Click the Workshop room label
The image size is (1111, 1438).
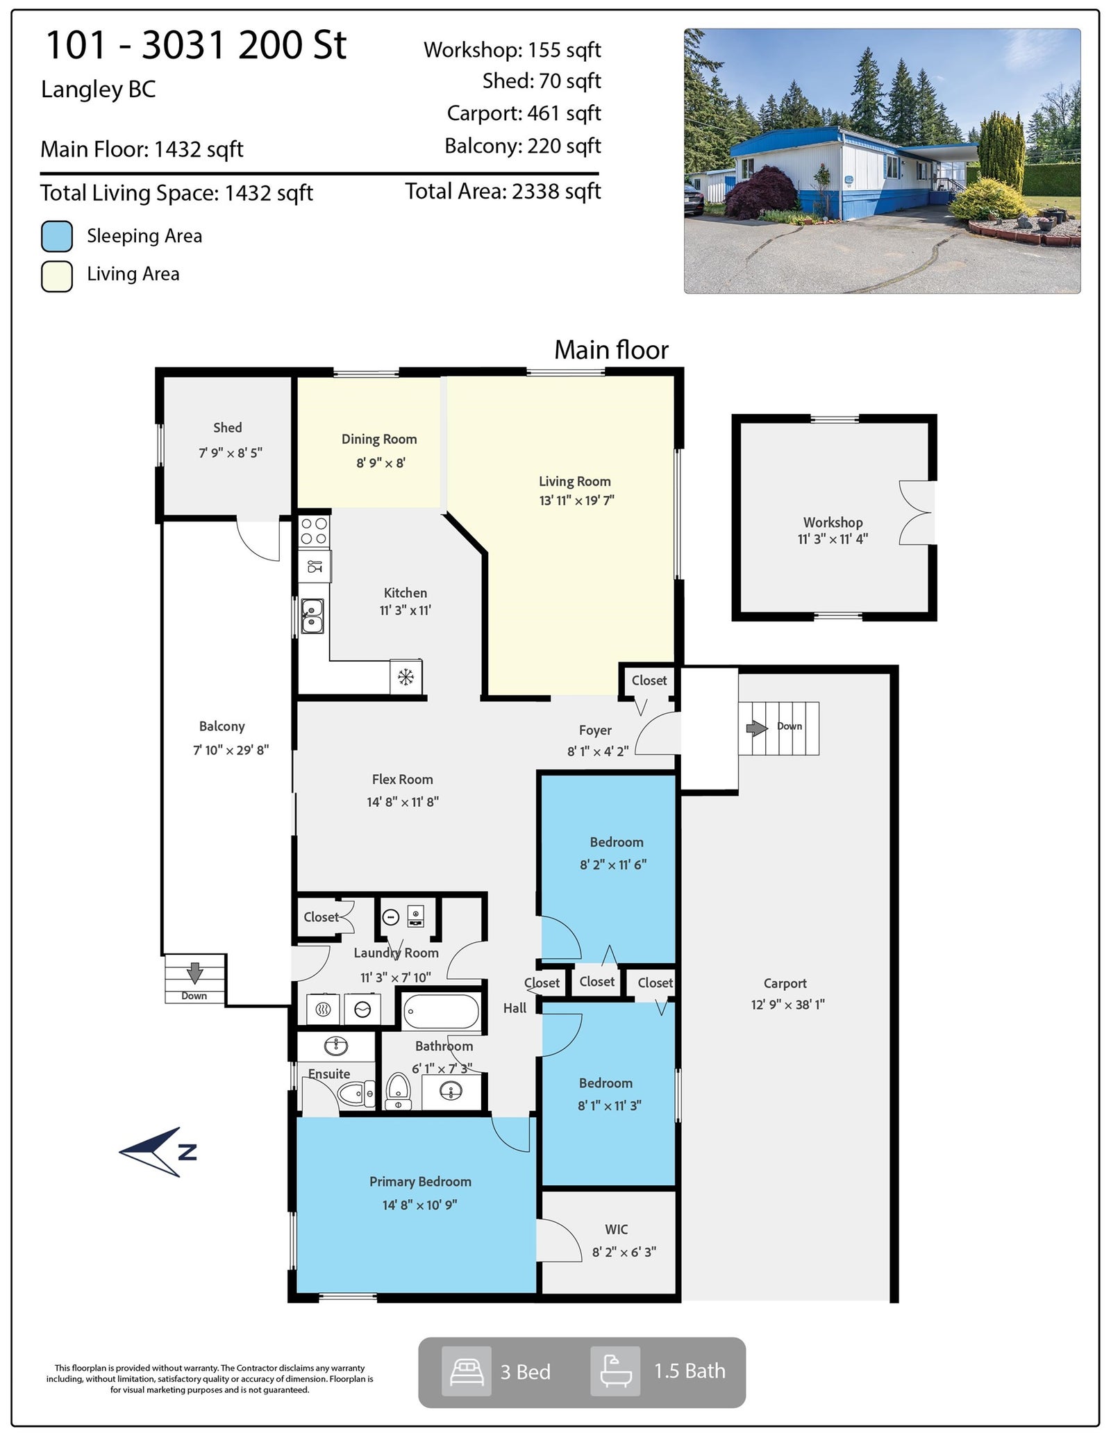point(833,522)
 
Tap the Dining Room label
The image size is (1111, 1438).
point(379,439)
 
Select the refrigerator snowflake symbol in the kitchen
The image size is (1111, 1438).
point(406,676)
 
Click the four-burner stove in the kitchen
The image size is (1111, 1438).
point(314,531)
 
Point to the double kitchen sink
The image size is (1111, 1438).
point(312,616)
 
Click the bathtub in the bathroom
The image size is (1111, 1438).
point(442,1011)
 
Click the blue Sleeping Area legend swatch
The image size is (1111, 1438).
point(57,236)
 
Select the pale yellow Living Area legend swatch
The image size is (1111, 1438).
point(57,276)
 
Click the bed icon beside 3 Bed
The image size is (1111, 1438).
point(467,1371)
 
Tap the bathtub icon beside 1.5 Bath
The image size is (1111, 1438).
point(615,1371)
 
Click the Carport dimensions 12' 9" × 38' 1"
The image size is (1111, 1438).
point(787,1005)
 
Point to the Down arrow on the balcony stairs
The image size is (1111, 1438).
point(194,973)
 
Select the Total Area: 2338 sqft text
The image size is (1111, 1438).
point(503,192)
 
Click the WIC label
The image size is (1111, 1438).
point(616,1229)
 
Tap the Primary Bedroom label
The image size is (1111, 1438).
point(420,1181)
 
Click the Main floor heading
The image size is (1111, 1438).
point(611,350)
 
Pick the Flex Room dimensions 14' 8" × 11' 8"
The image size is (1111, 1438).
point(403,802)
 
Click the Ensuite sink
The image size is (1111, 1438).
point(336,1046)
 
